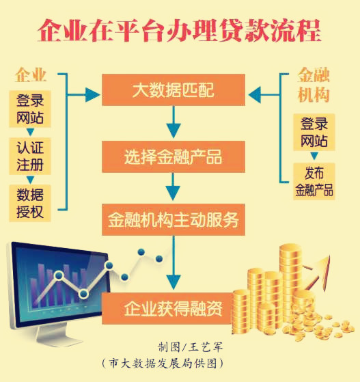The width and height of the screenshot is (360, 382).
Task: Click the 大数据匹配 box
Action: coord(174,90)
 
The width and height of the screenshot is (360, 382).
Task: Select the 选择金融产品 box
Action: coord(174,156)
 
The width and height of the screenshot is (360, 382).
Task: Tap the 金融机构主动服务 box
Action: coord(174,220)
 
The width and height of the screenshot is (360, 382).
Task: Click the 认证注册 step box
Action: coord(30,156)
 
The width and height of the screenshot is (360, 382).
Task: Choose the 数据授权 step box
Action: coord(30,203)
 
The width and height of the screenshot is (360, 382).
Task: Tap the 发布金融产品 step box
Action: coord(314,182)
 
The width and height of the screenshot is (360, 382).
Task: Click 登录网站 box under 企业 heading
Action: coord(30,109)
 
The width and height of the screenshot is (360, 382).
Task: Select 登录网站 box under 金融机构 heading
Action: coord(314,132)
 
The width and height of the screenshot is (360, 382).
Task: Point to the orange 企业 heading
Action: coord(31,74)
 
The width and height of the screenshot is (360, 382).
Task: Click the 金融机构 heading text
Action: coord(314,85)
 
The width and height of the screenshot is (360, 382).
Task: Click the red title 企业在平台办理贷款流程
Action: coord(180,31)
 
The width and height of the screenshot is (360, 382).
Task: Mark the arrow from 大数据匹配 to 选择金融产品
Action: coord(174,122)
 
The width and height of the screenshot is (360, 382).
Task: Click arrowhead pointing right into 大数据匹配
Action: coord(92,95)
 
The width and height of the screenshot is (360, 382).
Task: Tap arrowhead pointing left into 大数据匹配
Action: coord(255,95)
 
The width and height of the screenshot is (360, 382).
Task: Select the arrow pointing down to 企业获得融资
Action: coord(174,262)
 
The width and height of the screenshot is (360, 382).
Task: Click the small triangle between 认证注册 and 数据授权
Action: coord(30,180)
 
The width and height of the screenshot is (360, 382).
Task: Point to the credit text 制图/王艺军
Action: coord(191,347)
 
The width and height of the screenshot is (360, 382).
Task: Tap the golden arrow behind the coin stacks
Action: coord(318,273)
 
